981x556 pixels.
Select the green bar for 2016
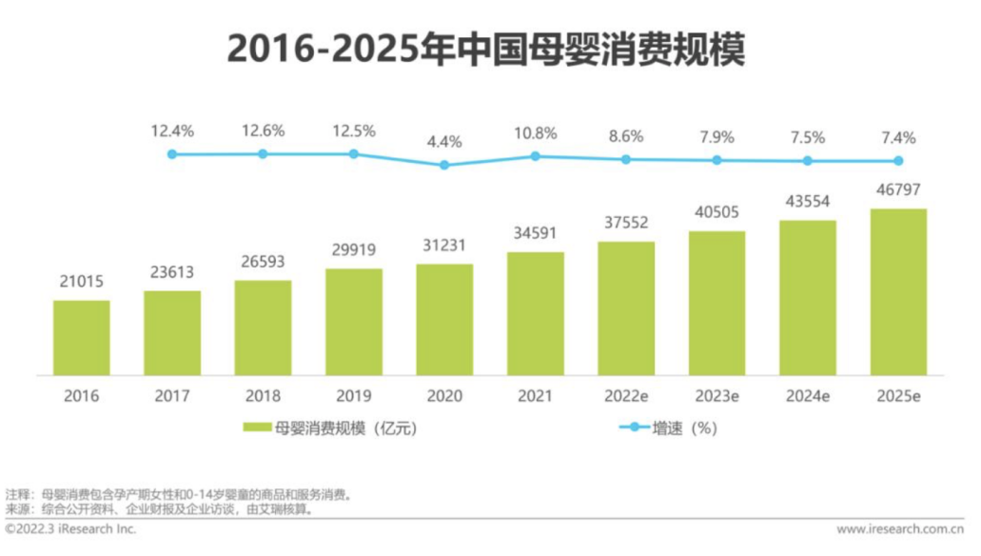point(81,337)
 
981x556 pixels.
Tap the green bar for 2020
point(444,319)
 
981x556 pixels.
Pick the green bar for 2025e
point(898,291)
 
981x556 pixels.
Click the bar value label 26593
point(263,262)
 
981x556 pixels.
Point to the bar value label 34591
point(535,233)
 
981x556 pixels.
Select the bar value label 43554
point(808,202)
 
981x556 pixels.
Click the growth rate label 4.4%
point(444,142)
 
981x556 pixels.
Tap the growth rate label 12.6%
point(263,130)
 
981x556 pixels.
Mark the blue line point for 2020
point(444,165)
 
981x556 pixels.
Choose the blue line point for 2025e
point(898,161)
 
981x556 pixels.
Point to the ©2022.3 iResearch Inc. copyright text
point(70,528)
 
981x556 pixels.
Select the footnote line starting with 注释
point(180,494)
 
